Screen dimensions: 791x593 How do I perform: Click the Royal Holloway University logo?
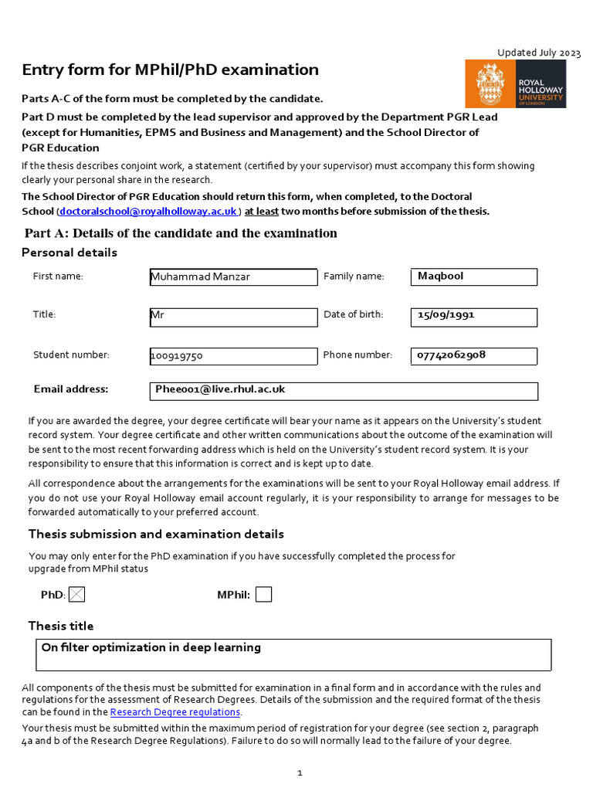(515, 83)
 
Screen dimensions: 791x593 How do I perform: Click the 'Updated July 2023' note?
(538, 53)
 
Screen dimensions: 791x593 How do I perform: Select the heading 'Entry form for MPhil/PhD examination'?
(170, 70)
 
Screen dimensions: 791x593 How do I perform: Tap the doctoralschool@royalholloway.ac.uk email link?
(148, 211)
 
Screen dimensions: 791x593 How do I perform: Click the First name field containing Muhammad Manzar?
(232, 277)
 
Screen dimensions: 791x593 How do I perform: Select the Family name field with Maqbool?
(473, 277)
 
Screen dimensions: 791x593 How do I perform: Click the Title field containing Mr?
(232, 317)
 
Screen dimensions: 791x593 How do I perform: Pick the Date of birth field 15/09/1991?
(473, 316)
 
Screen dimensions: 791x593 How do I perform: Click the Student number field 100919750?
(232, 356)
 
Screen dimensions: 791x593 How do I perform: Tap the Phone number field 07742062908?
(473, 355)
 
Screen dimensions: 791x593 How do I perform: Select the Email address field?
(343, 391)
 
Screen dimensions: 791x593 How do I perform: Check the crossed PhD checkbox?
(77, 595)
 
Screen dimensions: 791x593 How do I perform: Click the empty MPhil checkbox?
(263, 595)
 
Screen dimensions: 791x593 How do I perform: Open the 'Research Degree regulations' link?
(175, 712)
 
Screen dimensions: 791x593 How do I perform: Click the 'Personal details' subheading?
(69, 253)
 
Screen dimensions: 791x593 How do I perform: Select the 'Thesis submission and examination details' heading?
(156, 534)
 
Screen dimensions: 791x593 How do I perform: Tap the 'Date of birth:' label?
(353, 314)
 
